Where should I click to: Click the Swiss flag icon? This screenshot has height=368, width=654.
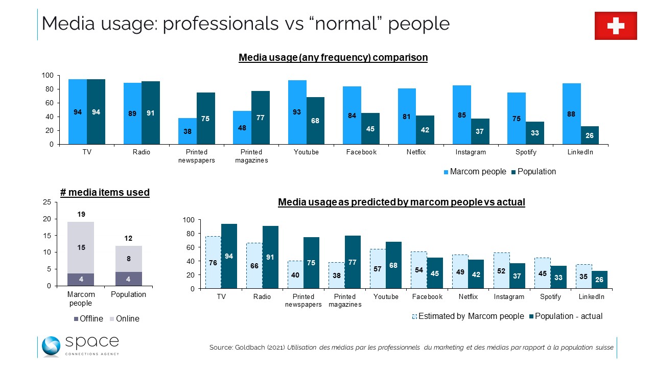616,26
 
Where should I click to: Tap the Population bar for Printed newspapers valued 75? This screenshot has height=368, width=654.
205,118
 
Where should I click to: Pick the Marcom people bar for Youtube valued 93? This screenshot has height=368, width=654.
297,112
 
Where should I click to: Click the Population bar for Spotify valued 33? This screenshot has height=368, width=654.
534,132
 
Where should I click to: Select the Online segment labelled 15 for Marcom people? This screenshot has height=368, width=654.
81,247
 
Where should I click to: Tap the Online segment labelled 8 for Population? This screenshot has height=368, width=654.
128,259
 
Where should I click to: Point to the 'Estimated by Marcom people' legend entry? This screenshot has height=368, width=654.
467,316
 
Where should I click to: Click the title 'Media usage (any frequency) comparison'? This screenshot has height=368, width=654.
333,58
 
